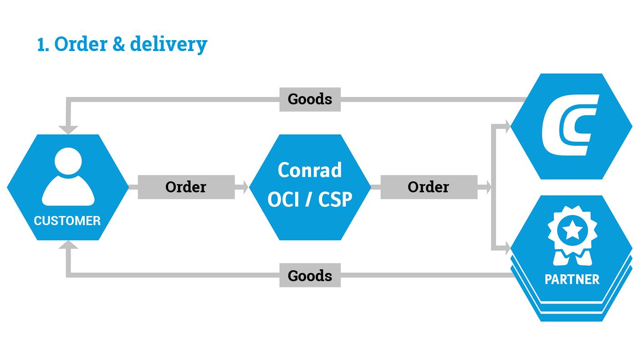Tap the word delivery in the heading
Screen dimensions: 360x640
169,45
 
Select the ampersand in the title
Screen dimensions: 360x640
118,44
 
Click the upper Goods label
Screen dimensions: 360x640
310,99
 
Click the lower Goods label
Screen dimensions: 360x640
310,276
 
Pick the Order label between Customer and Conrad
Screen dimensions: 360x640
186,187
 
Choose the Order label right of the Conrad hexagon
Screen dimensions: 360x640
428,187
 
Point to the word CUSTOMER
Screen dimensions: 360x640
67,221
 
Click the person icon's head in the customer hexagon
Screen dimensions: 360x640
68,161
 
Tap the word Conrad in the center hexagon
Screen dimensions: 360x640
310,170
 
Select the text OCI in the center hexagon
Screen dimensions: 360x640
282,200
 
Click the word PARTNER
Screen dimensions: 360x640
572,279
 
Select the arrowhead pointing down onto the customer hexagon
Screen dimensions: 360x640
68,129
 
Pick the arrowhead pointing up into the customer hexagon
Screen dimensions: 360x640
68,245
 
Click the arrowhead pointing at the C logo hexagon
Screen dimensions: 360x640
506,126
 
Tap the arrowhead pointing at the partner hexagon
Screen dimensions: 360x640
506,249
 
